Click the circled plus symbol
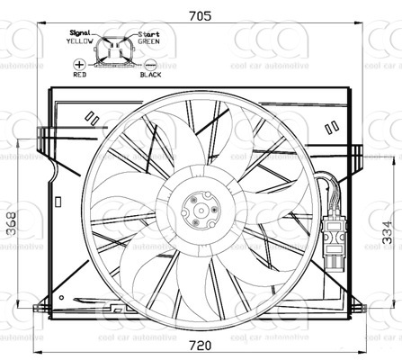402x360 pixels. click(x=80, y=65)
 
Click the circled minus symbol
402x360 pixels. click(x=150, y=65)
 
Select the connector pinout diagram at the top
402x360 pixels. click(x=115, y=52)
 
